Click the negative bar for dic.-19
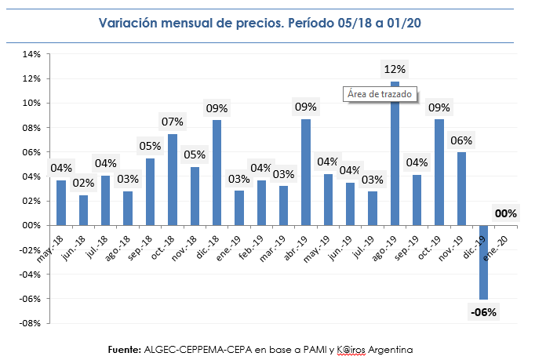[x=484, y=262]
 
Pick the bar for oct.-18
[x=173, y=180]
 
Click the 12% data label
[x=395, y=70]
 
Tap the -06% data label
[x=483, y=312]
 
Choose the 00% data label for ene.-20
[x=505, y=213]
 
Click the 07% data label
[x=173, y=122]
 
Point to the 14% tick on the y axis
[x=31, y=54]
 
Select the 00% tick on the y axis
[x=31, y=225]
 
